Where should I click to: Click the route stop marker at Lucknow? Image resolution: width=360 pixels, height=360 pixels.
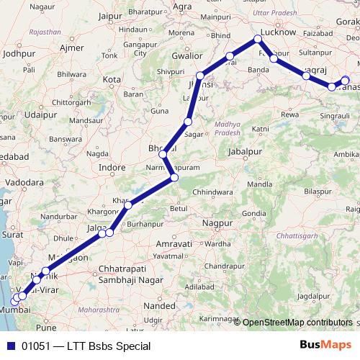click(258, 40)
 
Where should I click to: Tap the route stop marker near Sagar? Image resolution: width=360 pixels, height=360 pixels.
click(188, 122)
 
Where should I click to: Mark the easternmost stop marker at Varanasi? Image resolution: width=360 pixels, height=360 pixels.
click(345, 81)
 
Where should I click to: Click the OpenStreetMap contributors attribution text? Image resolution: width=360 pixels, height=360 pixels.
click(297, 323)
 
